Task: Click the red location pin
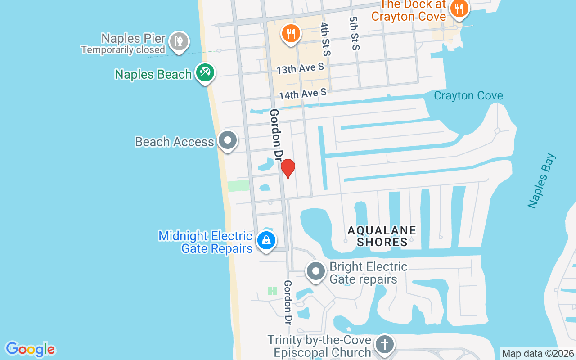coord(288,168)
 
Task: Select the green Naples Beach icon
coord(205,72)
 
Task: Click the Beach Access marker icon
coord(228,140)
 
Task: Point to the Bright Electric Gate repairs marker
coord(316,271)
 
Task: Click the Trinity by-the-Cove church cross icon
coord(385,345)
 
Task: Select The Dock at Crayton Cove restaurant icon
coord(459,8)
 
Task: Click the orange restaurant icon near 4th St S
coord(291,33)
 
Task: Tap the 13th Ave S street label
coord(300,69)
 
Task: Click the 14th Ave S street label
coord(302,94)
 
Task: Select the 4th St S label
coord(325,39)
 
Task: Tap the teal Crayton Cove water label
coord(468,95)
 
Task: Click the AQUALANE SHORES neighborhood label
coord(382,236)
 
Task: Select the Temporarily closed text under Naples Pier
coord(123,49)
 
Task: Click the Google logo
coord(30,349)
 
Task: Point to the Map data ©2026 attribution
coord(538,354)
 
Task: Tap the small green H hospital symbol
coord(272,291)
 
